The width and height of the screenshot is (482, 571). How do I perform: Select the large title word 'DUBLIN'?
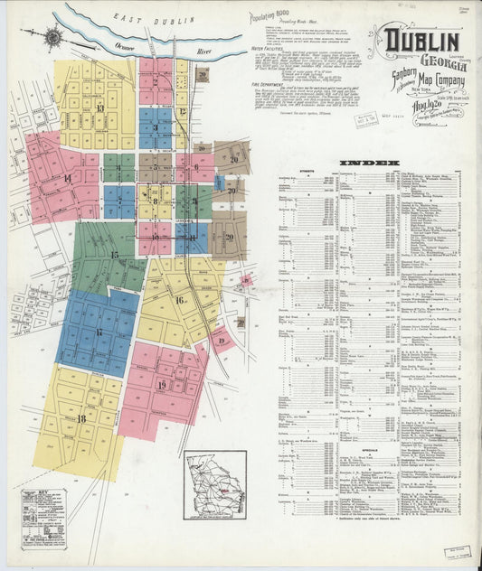coord(422,41)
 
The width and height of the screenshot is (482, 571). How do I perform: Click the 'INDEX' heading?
coord(370,164)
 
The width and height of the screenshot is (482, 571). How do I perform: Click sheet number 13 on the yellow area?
coord(99,109)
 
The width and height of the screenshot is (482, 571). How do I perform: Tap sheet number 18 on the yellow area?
coord(80,418)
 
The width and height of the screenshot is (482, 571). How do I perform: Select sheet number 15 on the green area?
coord(114,255)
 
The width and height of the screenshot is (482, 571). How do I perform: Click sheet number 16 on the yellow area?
coord(179,300)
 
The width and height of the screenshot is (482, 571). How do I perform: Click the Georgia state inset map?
coord(215,484)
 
